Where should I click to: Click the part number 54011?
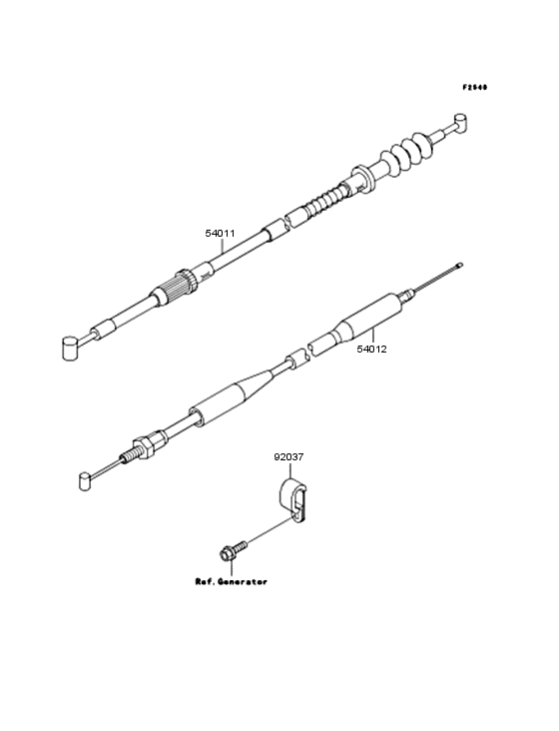pyautogui.click(x=220, y=233)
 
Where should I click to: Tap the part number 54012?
pyautogui.click(x=371, y=349)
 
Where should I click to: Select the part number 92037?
pyautogui.click(x=288, y=457)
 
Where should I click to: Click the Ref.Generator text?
pyautogui.click(x=231, y=581)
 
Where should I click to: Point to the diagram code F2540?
pyautogui.click(x=475, y=87)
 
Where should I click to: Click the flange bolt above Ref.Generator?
pyautogui.click(x=233, y=549)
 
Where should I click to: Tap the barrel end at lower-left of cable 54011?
pyautogui.click(x=70, y=348)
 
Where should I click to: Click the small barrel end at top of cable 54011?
pyautogui.click(x=459, y=122)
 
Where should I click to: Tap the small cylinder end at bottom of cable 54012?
pyautogui.click(x=84, y=480)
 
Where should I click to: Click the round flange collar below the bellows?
pyautogui.click(x=363, y=178)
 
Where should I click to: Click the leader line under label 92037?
pyautogui.click(x=289, y=471)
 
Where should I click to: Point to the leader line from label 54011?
pyautogui.click(x=222, y=246)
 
